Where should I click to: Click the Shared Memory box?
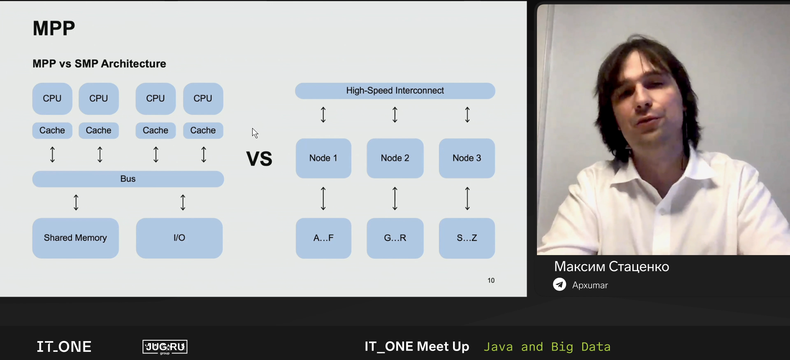point(76,238)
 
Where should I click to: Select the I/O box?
point(179,238)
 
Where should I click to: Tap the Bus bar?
point(128,179)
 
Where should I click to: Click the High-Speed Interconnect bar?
point(395,91)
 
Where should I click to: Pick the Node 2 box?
point(395,158)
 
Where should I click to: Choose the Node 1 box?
point(323,158)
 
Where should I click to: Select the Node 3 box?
point(467,158)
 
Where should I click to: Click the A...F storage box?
point(323,238)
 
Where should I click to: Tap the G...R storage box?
point(395,238)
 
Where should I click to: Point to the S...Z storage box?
point(467,238)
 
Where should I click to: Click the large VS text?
point(259,159)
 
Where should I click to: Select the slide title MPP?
point(54,28)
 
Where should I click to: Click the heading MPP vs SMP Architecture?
point(99,64)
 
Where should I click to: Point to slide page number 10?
point(491,281)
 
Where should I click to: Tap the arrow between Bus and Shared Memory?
point(76,202)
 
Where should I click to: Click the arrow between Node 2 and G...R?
point(395,199)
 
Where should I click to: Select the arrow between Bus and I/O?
point(183,202)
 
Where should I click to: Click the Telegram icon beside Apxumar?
point(560,284)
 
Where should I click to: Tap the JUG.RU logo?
point(165,347)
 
